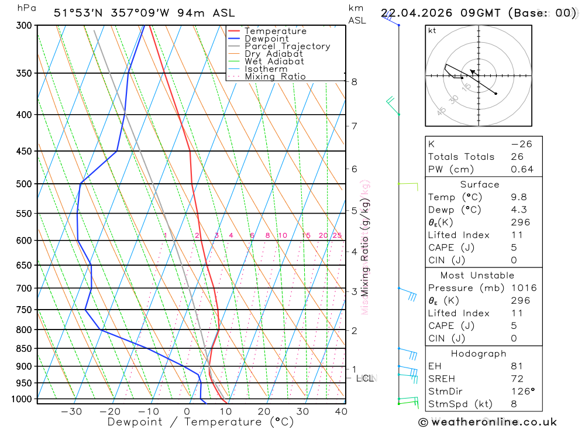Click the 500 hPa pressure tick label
click(x=25, y=184)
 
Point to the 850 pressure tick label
click(x=25, y=349)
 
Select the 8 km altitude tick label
click(x=354, y=82)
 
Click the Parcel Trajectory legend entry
click(x=287, y=46)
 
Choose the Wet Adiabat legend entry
click(x=274, y=61)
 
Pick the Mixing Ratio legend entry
click(x=275, y=77)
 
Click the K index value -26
click(x=521, y=144)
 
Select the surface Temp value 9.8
click(x=519, y=197)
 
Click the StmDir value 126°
click(x=522, y=391)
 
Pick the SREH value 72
click(x=517, y=379)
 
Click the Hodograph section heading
click(x=479, y=354)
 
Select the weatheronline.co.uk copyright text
click(x=488, y=422)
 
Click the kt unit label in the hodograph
click(x=432, y=30)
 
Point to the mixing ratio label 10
click(x=283, y=236)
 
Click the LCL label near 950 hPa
click(x=366, y=379)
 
